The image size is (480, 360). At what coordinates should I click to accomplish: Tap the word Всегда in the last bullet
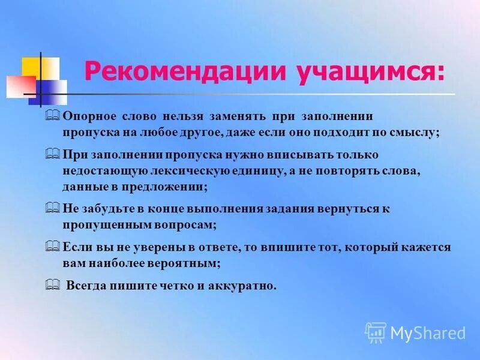(x=86, y=286)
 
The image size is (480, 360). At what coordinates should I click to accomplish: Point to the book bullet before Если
(x=52, y=247)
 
